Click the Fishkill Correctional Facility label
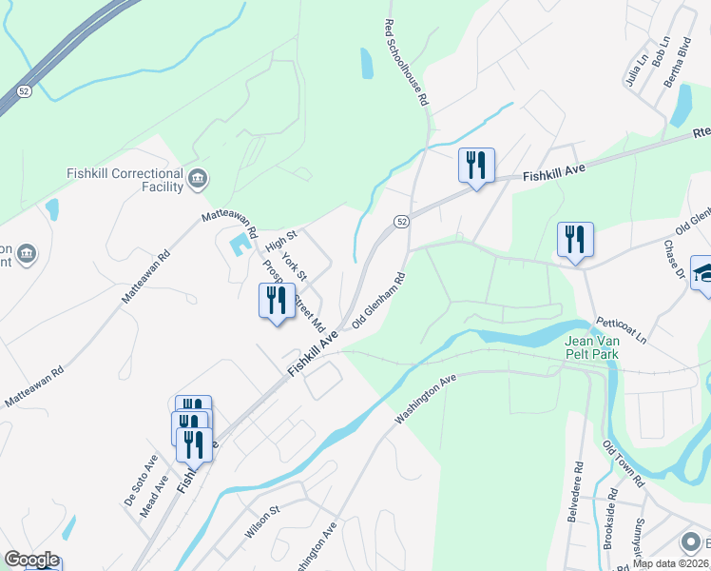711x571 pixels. coord(124,180)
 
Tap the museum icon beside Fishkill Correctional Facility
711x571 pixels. coord(198,178)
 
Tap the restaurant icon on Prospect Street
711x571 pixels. coord(277,302)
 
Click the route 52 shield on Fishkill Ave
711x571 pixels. coord(402,222)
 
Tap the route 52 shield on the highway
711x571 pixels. coord(25,91)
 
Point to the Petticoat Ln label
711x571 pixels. coord(621,330)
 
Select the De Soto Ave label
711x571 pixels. coord(140,480)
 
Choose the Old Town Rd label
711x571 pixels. coord(624,463)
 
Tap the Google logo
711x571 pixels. coord(31,560)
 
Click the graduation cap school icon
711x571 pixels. coord(703,272)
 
